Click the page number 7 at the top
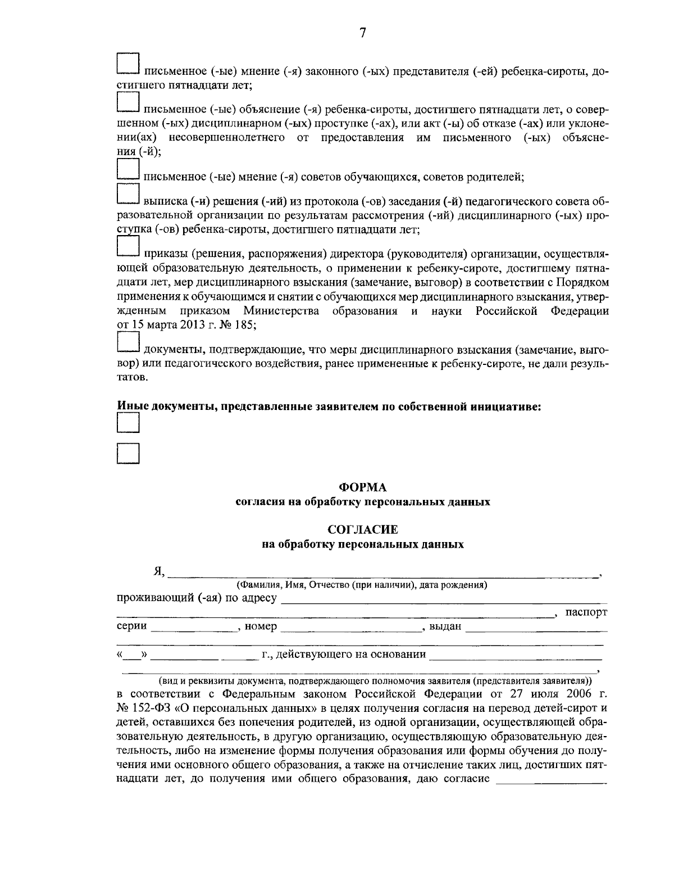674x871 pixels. (x=362, y=33)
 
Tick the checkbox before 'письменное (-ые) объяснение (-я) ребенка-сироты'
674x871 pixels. (x=128, y=102)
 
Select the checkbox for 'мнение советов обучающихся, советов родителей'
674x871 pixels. (x=128, y=169)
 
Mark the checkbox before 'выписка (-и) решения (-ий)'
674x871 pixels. (x=128, y=193)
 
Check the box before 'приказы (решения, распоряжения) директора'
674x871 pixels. (x=128, y=247)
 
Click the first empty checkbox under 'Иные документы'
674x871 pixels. (x=128, y=423)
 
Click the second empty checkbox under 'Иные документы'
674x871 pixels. (x=128, y=453)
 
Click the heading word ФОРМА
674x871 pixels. (x=362, y=488)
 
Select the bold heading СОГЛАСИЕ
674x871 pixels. (x=362, y=530)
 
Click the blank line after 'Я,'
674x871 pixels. (x=382, y=574)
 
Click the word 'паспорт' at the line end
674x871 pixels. (x=586, y=612)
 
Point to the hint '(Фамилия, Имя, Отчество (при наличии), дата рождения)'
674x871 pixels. (x=362, y=585)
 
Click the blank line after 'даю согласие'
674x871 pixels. (x=552, y=780)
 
